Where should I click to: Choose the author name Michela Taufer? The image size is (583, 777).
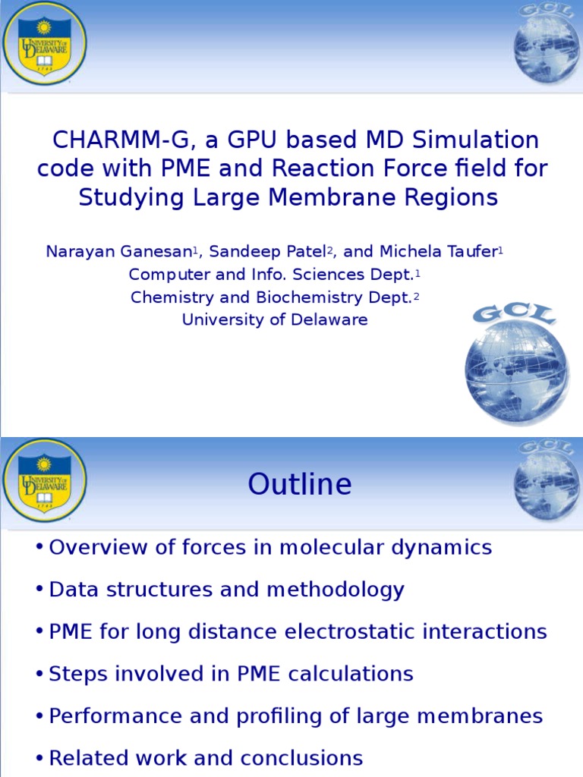[x=433, y=252]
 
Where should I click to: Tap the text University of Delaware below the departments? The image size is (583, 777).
[x=274, y=320]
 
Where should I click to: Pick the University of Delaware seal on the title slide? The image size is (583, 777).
[x=44, y=43]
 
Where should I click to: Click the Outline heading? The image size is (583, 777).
[x=299, y=485]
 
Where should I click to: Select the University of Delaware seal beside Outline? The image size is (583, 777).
[x=44, y=480]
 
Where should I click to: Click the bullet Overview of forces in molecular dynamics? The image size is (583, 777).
[x=269, y=548]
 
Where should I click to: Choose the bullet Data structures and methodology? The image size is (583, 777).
[x=226, y=590]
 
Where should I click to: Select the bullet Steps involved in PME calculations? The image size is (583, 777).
[x=231, y=674]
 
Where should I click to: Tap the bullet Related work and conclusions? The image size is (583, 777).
[x=205, y=758]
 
